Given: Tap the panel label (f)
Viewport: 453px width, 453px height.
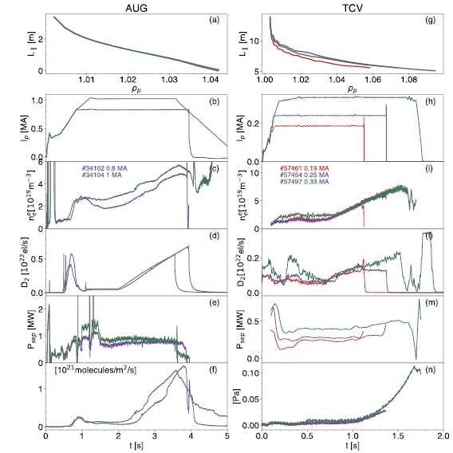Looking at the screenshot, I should coord(214,372).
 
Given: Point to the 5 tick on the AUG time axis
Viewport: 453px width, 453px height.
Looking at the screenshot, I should coord(226,435).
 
